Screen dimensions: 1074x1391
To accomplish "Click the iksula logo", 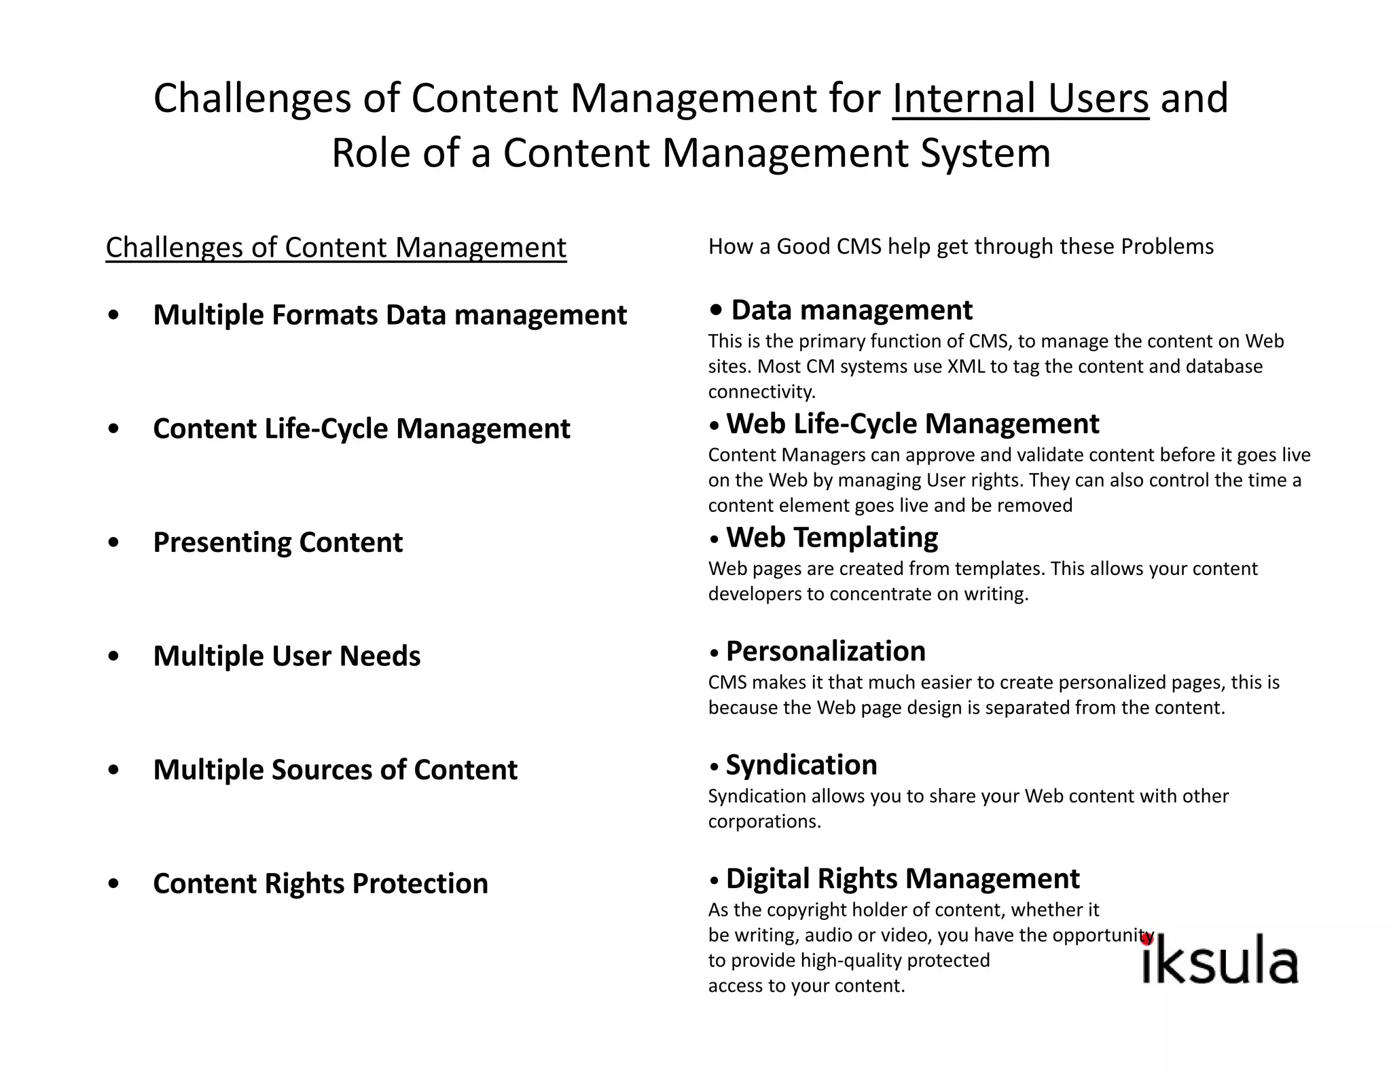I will (x=1220, y=962).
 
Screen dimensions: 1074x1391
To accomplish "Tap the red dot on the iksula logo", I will (x=1147, y=940).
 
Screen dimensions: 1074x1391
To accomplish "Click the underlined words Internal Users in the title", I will (x=1020, y=98).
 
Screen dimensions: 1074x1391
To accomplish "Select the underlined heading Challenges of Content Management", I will (x=336, y=247).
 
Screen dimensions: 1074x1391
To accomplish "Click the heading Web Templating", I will (x=831, y=538).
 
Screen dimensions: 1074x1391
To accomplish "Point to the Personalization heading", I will (x=825, y=652).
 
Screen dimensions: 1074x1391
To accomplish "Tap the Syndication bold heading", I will (x=801, y=765).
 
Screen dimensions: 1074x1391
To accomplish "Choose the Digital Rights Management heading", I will (x=902, y=878).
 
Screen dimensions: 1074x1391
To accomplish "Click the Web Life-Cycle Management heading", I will (x=912, y=424).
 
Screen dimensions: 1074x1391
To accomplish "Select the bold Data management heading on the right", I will (x=851, y=310).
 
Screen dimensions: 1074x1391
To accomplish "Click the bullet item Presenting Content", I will (x=277, y=542).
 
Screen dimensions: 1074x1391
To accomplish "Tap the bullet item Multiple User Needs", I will (x=287, y=656).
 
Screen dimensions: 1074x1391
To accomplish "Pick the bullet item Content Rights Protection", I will (x=320, y=884).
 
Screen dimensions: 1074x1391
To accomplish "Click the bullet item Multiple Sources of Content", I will (x=335, y=770).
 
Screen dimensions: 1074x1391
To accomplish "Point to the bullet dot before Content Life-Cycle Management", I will (x=113, y=429).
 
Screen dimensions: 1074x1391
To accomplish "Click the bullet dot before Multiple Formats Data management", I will (x=113, y=315).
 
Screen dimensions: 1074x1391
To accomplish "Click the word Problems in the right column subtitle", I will (x=1166, y=246).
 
